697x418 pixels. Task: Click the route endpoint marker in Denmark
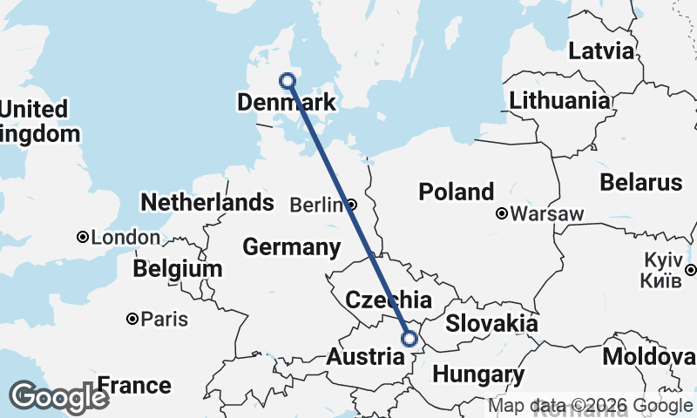[288, 81]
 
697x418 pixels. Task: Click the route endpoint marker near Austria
[409, 340]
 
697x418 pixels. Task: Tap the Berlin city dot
[351, 206]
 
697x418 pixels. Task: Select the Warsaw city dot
[502, 213]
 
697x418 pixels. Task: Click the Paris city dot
[132, 319]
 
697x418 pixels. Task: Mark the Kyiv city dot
[690, 270]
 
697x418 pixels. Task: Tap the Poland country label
[456, 192]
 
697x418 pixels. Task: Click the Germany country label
[291, 246]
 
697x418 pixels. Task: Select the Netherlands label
[207, 202]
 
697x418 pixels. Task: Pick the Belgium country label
[178, 269]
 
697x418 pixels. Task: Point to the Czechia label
[388, 300]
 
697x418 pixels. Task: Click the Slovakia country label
[491, 324]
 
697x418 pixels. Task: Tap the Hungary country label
[478, 375]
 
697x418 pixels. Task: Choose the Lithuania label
[559, 100]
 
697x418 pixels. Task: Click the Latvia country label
[601, 51]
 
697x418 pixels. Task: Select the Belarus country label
[640, 183]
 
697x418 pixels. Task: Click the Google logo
[58, 397]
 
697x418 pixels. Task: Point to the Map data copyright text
[591, 406]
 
